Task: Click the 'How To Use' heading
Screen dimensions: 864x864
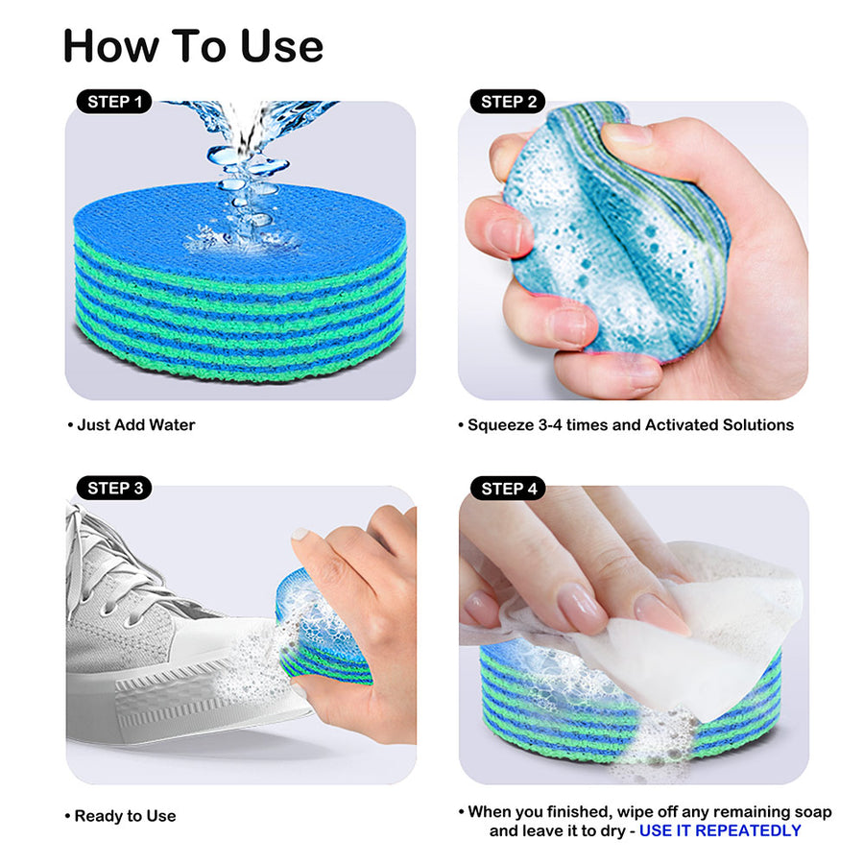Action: (193, 45)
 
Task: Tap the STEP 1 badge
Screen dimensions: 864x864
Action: (114, 101)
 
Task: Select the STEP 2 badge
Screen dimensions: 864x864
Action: (508, 101)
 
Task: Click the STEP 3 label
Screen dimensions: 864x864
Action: (114, 488)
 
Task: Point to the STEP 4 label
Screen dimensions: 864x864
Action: (508, 488)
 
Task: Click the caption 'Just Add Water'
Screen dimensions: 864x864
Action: (134, 424)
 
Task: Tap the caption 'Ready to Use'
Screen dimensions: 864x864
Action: (125, 816)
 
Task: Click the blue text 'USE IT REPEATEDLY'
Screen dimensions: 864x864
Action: (720, 830)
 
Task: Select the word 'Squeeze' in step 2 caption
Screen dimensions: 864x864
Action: (499, 424)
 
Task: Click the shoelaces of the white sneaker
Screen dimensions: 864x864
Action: (106, 566)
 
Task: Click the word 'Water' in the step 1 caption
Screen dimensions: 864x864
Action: (172, 424)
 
